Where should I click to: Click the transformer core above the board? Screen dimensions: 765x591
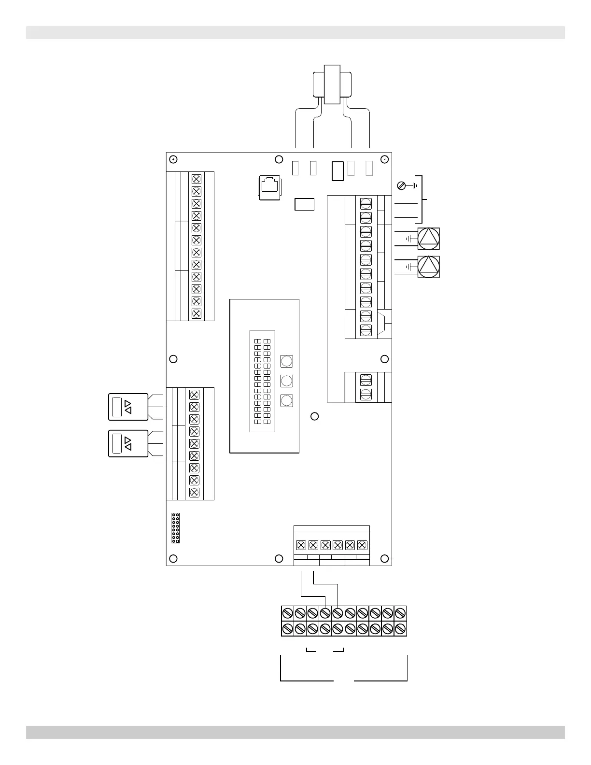coord(332,85)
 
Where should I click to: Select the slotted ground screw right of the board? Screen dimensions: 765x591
coord(400,185)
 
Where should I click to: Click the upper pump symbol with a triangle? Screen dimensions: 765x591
coord(429,239)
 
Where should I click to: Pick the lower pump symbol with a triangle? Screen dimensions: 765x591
coord(429,267)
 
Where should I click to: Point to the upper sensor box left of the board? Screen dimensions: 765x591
coord(128,407)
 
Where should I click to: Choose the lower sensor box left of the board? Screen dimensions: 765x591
coord(128,443)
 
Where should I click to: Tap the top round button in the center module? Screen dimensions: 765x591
coord(287,361)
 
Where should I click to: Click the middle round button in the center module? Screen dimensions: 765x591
coord(287,381)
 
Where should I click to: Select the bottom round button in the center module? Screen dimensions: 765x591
coord(287,400)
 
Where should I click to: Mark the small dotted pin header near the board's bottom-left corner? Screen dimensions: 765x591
coord(176,528)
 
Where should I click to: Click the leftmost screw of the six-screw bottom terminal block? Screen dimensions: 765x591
coord(300,545)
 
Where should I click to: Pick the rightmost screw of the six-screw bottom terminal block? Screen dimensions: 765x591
coord(362,545)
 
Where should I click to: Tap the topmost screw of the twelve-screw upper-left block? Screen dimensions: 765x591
coord(196,179)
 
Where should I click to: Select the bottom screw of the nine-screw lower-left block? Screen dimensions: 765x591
coord(195,493)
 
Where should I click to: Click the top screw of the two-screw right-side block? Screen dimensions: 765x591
coord(366,379)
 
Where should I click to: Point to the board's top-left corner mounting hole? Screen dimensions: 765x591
coord(174,159)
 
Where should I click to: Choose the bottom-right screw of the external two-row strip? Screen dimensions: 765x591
coord(400,629)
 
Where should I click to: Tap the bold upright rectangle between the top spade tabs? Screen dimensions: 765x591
coord(338,171)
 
